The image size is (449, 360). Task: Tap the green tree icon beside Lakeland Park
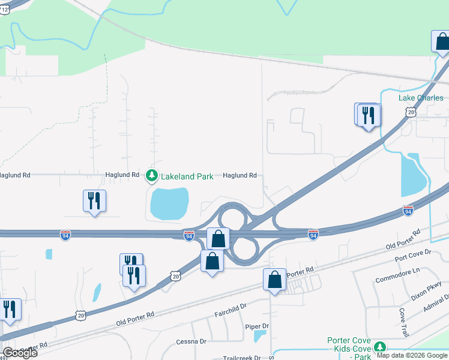151,175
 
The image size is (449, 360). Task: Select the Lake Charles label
421,98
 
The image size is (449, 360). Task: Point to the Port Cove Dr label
412,258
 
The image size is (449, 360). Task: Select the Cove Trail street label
404,323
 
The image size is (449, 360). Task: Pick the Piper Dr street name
256,326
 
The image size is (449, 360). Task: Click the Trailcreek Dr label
242,358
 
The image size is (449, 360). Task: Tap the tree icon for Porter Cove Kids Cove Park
379,347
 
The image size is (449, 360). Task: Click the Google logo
20,353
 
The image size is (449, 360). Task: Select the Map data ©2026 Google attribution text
412,355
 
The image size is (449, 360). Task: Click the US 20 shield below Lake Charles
411,112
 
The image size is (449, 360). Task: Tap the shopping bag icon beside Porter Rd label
274,280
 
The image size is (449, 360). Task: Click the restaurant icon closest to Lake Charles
369,114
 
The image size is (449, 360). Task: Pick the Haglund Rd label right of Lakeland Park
240,176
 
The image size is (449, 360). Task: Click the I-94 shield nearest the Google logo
65,235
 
